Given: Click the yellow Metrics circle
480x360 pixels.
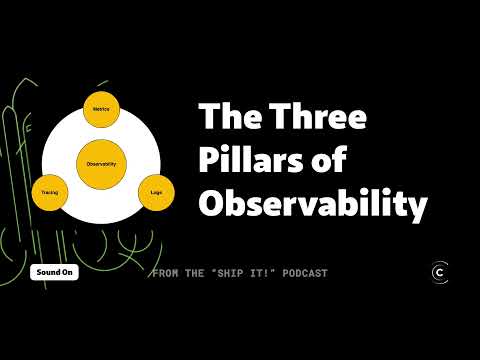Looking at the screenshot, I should click(100, 109).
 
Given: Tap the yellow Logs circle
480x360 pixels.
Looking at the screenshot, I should click(156, 190).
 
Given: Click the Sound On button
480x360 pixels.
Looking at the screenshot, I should click(54, 272).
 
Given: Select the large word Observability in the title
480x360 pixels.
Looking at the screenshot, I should click(313, 204).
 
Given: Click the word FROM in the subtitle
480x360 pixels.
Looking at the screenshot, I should click(168, 273).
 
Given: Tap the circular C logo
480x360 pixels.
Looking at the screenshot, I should click(438, 272).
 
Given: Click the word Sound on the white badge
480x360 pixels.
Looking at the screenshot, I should click(48, 272).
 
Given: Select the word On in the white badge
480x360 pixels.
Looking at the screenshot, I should click(68, 272).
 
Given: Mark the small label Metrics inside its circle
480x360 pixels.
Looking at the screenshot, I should click(100, 108).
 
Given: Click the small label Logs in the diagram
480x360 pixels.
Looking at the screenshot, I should click(156, 190).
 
